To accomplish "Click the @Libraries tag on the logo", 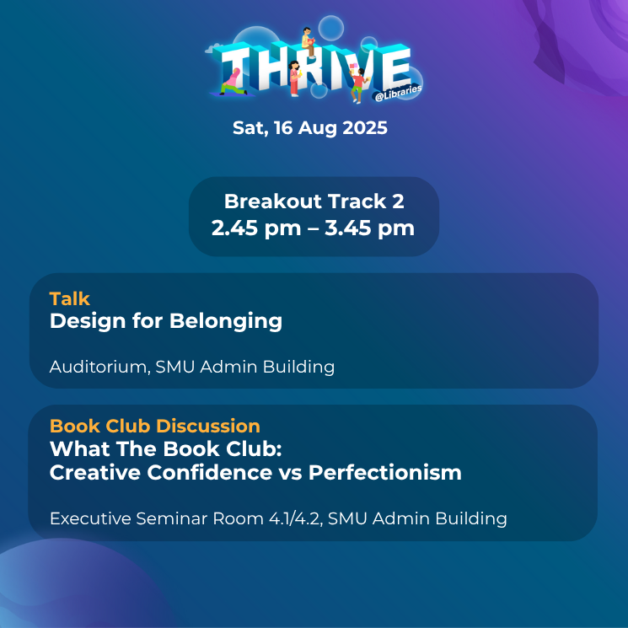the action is click(x=398, y=93).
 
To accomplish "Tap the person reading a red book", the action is click(x=308, y=42).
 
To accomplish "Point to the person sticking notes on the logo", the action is click(x=357, y=83).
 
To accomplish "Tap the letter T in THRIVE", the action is click(x=233, y=68).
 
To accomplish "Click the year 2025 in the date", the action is click(x=365, y=128).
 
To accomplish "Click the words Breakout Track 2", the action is click(x=314, y=201).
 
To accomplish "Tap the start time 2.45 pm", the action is click(x=256, y=228).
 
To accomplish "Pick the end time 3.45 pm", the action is click(x=369, y=228).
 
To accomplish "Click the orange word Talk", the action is click(x=70, y=298).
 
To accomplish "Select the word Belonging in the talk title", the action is click(x=226, y=322).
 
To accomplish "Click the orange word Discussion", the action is click(x=208, y=427).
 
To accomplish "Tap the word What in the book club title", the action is click(x=80, y=449).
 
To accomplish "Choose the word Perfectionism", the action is click(x=385, y=473).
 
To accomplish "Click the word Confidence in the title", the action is click(x=209, y=473).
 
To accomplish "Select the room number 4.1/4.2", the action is click(x=296, y=518).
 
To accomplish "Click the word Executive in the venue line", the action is click(x=90, y=518).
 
